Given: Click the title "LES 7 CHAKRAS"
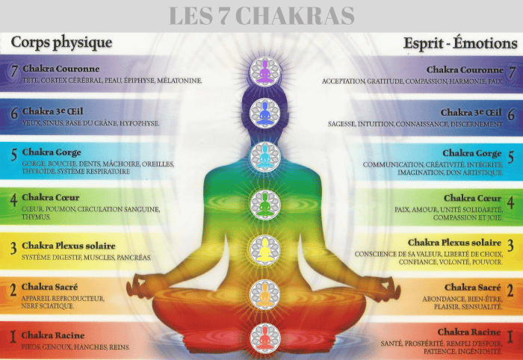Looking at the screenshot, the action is point(261,15).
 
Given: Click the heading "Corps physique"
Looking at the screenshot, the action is point(61,42).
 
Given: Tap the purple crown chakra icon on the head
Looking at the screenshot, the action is point(264,72).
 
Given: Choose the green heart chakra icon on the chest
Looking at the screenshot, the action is point(264,203).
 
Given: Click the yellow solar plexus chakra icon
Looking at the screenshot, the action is point(264,249).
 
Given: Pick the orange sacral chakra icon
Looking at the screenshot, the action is point(264,294).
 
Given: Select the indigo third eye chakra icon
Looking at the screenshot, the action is point(264,114).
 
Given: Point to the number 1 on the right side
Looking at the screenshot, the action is point(510,338).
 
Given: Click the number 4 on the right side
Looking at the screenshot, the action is point(510,202).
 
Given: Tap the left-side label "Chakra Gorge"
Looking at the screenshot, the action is point(52,153).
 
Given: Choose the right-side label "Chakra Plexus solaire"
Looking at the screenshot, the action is point(454,243).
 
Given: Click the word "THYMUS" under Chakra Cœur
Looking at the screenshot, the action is point(36,217).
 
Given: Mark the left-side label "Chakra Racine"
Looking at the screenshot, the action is point(52,335).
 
